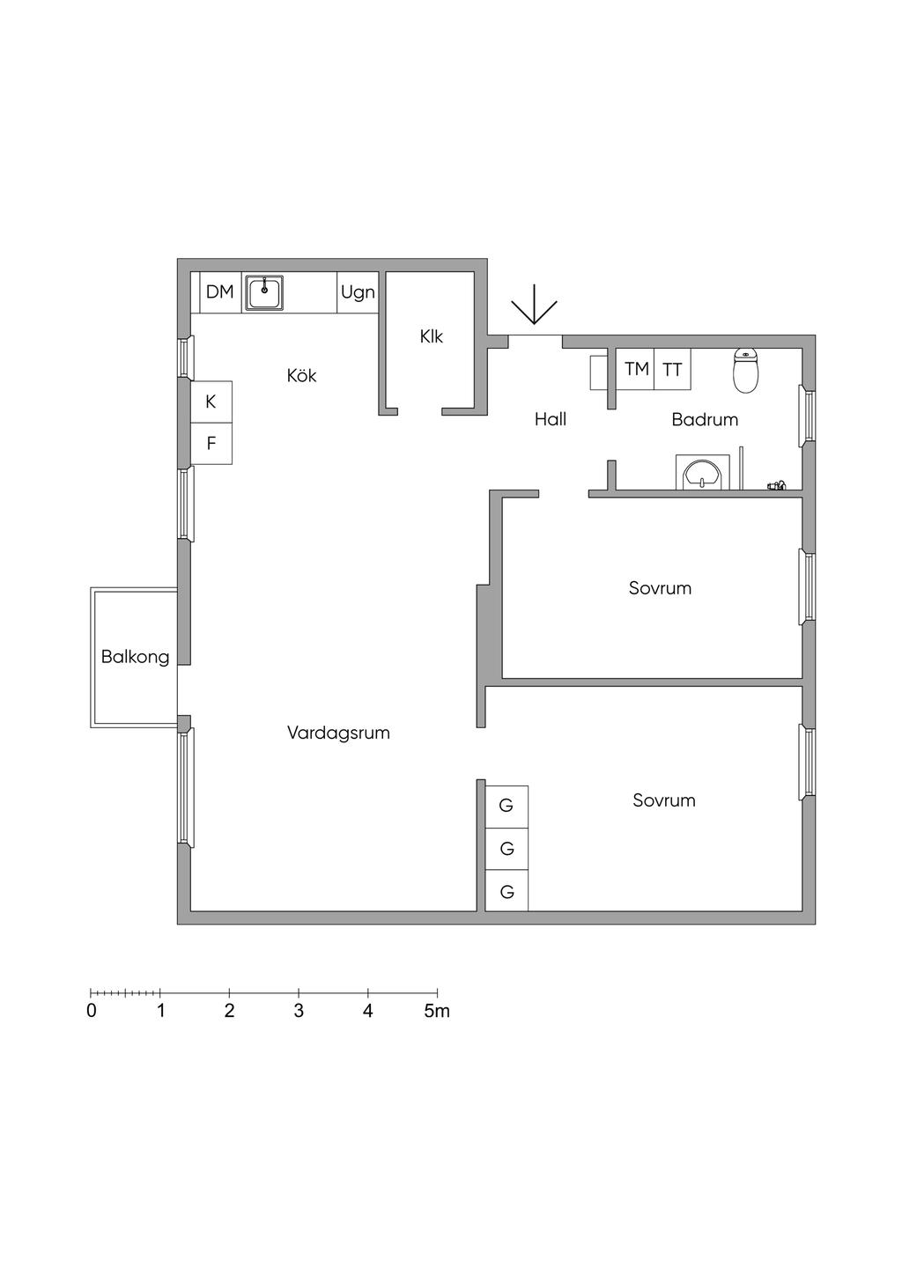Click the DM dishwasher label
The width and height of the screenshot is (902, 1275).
pyautogui.click(x=219, y=292)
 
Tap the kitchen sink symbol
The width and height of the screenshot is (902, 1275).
pyautogui.click(x=264, y=292)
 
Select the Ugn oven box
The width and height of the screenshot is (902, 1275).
pyautogui.click(x=358, y=292)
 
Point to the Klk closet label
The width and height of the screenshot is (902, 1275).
pyautogui.click(x=431, y=336)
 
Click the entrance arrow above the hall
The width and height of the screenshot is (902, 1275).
pyautogui.click(x=534, y=305)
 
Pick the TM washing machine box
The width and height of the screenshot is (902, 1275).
pyautogui.click(x=636, y=369)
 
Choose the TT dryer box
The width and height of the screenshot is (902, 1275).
pyautogui.click(x=672, y=369)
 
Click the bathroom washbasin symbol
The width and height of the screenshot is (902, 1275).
pyautogui.click(x=703, y=473)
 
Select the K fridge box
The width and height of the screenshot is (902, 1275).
pyautogui.click(x=211, y=402)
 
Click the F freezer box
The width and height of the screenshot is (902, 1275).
pyautogui.click(x=211, y=444)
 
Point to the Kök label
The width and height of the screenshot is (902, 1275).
pyautogui.click(x=301, y=376)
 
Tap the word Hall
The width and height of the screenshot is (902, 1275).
pyautogui.click(x=550, y=419)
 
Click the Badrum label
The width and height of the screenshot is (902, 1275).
pyautogui.click(x=705, y=419)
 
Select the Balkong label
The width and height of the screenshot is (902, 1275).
pyautogui.click(x=135, y=658)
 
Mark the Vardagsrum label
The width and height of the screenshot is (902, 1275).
pyautogui.click(x=338, y=733)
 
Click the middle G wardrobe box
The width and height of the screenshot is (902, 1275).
pyautogui.click(x=506, y=849)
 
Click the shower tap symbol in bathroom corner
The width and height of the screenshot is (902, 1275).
pyautogui.click(x=777, y=485)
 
